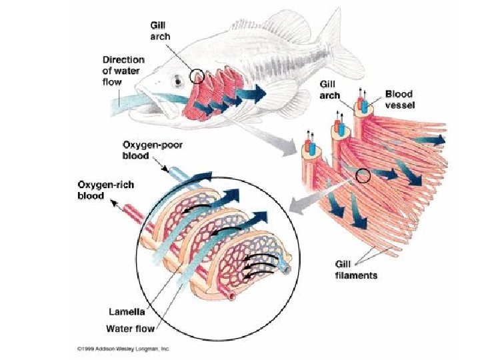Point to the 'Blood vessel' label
click(x=399, y=99)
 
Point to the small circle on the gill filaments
click(x=363, y=176)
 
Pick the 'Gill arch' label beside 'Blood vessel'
click(x=328, y=89)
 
